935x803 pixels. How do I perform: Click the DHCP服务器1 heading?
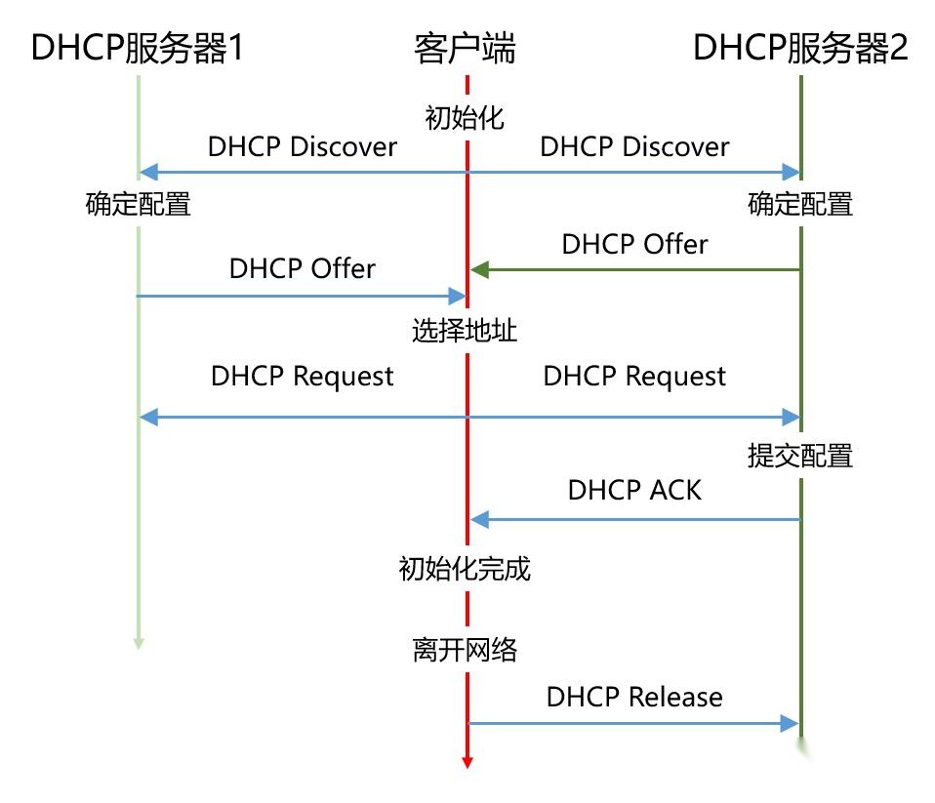[136, 48]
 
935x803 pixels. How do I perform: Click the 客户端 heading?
[465, 48]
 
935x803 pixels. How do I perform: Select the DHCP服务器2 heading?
[800, 48]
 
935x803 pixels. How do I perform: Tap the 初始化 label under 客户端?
[465, 118]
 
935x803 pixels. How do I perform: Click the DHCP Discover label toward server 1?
[303, 147]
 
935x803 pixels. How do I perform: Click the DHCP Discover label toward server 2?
[634, 147]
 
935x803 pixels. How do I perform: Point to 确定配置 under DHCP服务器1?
[137, 204]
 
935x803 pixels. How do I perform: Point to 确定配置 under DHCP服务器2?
[800, 204]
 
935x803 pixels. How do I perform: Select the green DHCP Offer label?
[634, 244]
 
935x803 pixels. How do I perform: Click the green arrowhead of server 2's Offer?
[477, 270]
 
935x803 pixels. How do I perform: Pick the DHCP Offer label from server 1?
[303, 268]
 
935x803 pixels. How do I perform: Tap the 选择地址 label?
[465, 332]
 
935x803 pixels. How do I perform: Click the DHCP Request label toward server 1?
[303, 377]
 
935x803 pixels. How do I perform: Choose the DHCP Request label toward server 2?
[634, 377]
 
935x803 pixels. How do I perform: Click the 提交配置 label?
[800, 456]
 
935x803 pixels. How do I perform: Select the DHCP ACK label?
[634, 490]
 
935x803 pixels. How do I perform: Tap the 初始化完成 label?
[465, 569]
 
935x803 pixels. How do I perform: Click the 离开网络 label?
[465, 650]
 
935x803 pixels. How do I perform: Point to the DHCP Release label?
[634, 697]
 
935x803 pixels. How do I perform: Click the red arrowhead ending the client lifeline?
[467, 760]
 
